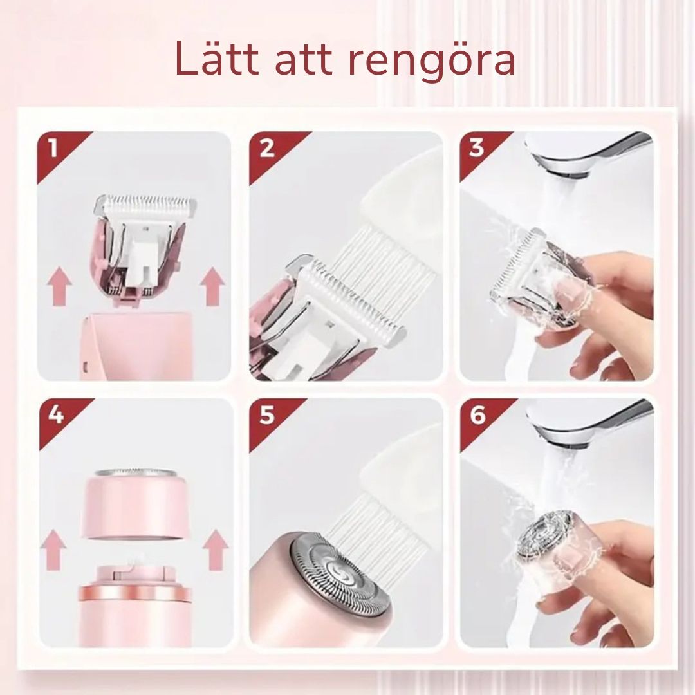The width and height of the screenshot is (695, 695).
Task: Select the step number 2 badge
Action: pos(266,149)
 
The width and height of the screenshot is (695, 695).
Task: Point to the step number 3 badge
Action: pos(476,149)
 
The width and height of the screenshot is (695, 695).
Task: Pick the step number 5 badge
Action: pos(266,415)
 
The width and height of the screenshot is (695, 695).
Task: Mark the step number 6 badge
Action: pos(477,415)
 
